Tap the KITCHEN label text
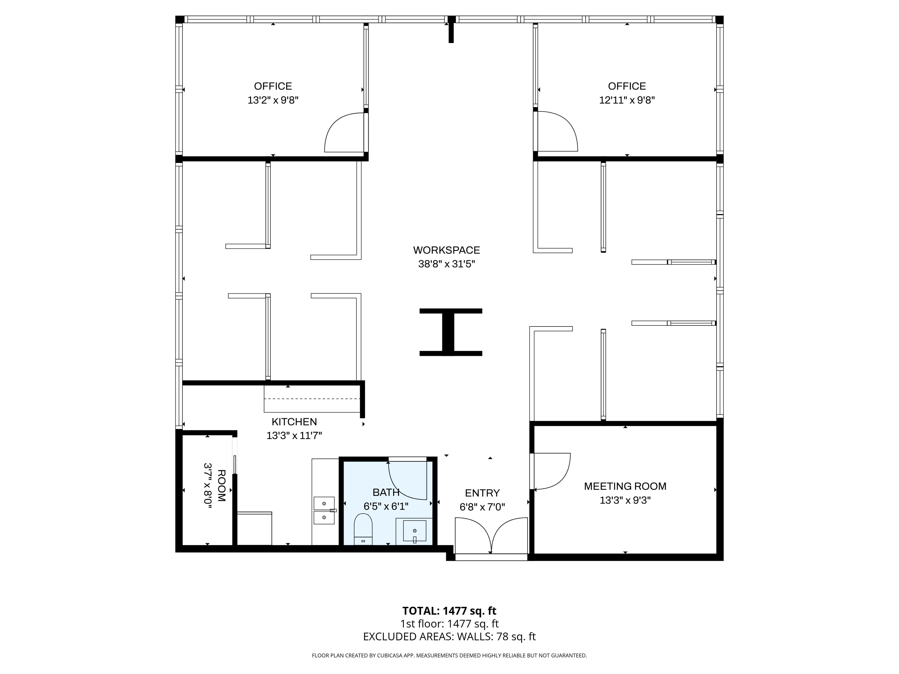pos(294,422)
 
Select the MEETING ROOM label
pos(625,486)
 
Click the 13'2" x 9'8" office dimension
pos(273,100)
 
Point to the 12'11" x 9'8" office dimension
pos(627,100)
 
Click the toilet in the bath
pos(363,529)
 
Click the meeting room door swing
pos(552,471)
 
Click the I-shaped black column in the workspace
pos(451,332)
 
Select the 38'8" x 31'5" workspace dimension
pos(447,264)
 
